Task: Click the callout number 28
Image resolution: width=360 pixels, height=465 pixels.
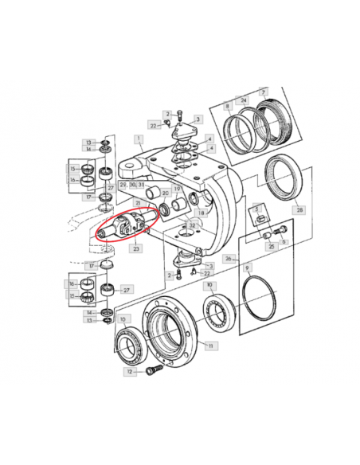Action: pyautogui.click(x=299, y=210)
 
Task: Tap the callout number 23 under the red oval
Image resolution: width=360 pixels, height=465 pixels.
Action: pyautogui.click(x=136, y=248)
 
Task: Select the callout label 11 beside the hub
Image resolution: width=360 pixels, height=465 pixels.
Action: pyautogui.click(x=210, y=346)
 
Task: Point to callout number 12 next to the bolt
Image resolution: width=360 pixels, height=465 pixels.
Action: pyautogui.click(x=128, y=372)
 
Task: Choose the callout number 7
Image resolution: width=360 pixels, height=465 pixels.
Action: pyautogui.click(x=263, y=92)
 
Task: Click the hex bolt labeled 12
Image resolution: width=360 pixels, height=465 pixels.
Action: pyautogui.click(x=152, y=370)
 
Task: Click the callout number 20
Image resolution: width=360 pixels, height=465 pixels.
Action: pyautogui.click(x=164, y=193)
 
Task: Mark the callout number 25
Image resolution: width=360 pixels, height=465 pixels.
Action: pyautogui.click(x=272, y=247)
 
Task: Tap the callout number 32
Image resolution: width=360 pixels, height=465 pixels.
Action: pyautogui.click(x=192, y=226)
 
